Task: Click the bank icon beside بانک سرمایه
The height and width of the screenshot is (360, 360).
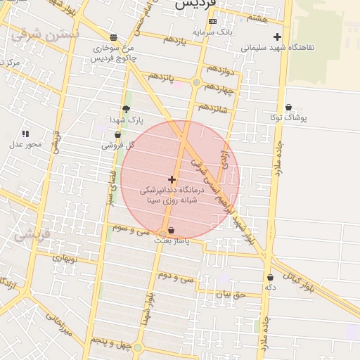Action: click(212, 22)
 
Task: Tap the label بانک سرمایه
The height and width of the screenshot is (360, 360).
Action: click(214, 32)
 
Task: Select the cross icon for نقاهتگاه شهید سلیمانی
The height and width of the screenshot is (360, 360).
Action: click(278, 37)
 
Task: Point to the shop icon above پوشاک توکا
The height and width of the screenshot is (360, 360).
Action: click(288, 108)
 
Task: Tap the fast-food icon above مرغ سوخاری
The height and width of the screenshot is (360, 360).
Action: click(114, 37)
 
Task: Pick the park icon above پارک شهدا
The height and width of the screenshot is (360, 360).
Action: click(126, 109)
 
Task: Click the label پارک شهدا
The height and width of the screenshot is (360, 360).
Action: click(126, 120)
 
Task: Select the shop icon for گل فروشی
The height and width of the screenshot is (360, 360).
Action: click(117, 135)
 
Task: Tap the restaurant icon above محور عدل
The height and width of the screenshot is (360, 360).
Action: click(25, 134)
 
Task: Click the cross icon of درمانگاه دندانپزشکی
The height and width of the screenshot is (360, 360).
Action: click(172, 180)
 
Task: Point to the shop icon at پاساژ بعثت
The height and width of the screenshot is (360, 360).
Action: click(172, 230)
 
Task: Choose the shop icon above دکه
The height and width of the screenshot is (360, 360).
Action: click(270, 278)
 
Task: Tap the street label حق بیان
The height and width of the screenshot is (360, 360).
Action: click(229, 295)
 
